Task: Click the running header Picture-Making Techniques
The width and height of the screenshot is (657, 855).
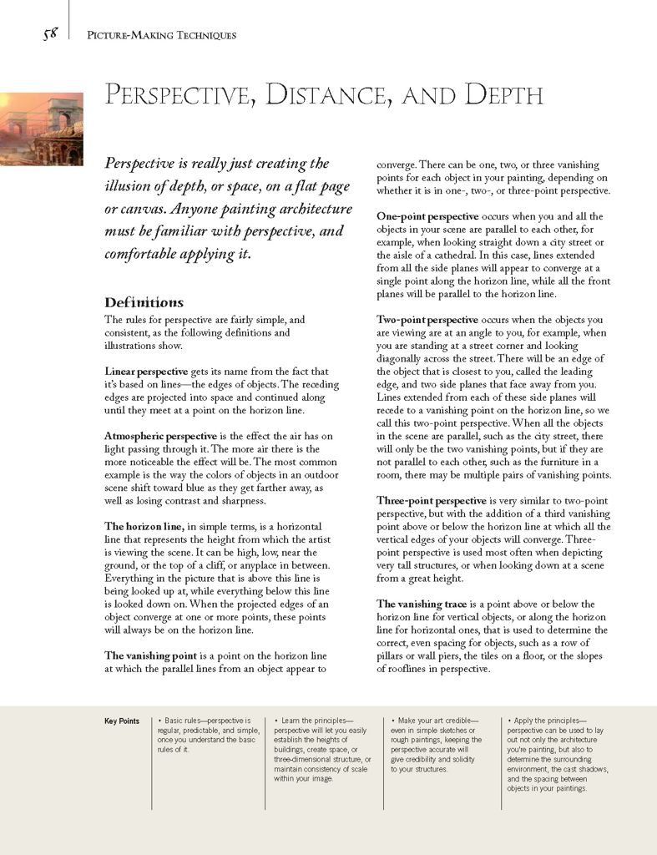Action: pos(161,35)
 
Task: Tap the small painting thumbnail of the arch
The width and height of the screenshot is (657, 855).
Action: pos(41,129)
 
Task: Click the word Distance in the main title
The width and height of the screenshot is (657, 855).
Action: pos(321,95)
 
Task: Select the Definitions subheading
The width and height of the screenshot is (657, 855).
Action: pos(144,302)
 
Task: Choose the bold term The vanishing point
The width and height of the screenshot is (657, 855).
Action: pos(151,655)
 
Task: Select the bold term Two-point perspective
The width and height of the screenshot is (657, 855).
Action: pos(427,320)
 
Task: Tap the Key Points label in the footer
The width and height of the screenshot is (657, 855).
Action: pos(122,721)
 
